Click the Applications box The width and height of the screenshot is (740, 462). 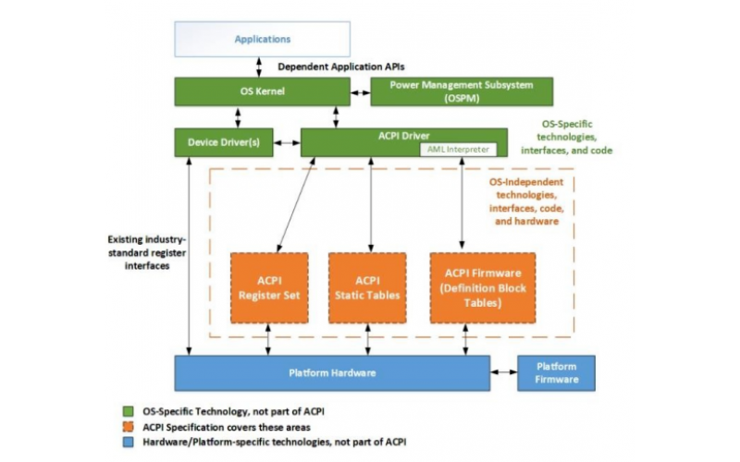tap(263, 39)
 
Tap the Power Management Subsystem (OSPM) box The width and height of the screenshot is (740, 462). tap(461, 91)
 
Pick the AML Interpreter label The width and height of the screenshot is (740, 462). tap(457, 149)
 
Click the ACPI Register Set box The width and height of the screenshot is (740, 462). tap(269, 287)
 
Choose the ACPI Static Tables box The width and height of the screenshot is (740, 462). tap(367, 287)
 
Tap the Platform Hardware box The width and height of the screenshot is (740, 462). tap(332, 372)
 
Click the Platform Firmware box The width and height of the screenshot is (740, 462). tap(556, 372)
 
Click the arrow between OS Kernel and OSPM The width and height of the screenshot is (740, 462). tap(360, 91)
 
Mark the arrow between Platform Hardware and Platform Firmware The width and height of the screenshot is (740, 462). tap(503, 372)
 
